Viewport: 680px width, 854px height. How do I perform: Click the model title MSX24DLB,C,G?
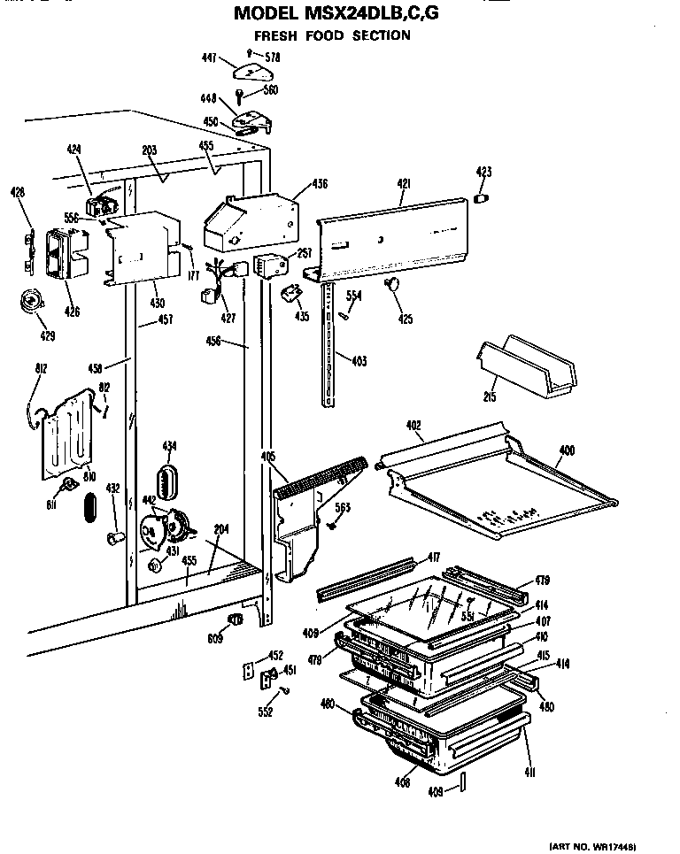point(336,14)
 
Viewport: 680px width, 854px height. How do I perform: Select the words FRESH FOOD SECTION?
point(332,35)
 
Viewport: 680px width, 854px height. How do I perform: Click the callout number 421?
point(403,183)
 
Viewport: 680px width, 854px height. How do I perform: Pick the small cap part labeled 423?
point(483,197)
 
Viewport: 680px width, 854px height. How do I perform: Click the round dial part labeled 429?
point(32,302)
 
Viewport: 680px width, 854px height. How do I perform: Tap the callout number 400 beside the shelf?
point(567,451)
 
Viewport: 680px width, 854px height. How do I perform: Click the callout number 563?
point(343,507)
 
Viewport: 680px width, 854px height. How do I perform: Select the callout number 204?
point(221,529)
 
